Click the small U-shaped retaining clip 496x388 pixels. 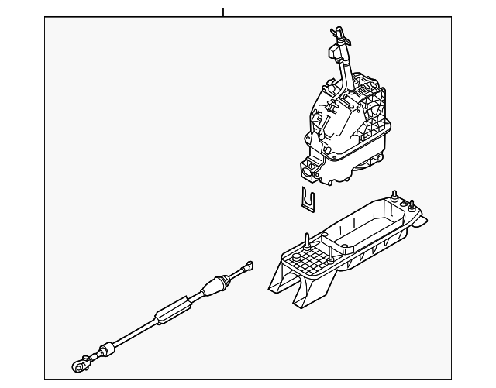[x=308, y=200]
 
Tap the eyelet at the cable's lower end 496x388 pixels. [x=79, y=361]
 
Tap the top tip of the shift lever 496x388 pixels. [x=336, y=29]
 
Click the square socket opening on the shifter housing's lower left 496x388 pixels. [x=308, y=166]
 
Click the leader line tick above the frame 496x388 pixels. [x=222, y=12]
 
